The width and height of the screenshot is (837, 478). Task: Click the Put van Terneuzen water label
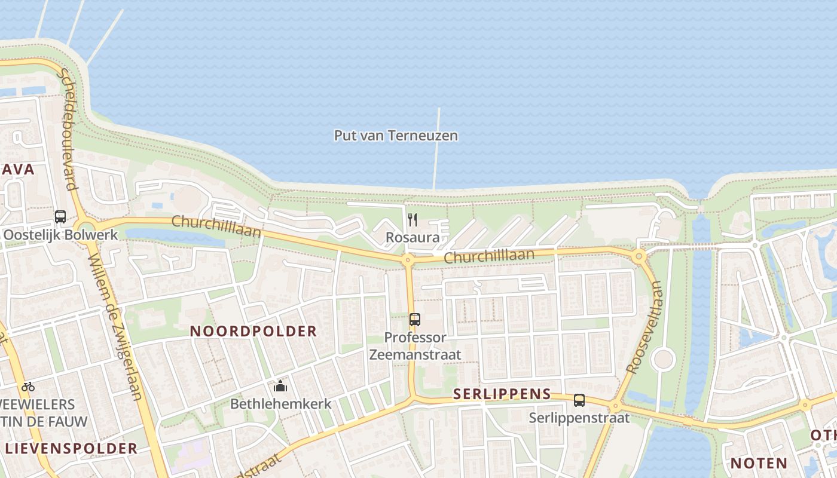(396, 136)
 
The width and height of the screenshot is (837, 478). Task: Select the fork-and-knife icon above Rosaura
(413, 219)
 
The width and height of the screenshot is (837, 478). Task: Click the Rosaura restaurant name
(413, 238)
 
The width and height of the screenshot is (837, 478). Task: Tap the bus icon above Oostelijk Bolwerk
(60, 216)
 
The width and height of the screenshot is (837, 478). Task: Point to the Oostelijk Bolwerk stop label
(60, 234)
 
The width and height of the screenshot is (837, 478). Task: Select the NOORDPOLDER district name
(253, 332)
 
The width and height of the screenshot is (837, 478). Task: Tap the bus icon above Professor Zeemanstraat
(415, 319)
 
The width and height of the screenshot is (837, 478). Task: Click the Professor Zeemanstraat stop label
(415, 346)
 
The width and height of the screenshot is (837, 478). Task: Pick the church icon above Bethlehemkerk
(280, 387)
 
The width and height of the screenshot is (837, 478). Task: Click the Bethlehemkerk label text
(280, 404)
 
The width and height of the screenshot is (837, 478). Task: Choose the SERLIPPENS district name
(502, 394)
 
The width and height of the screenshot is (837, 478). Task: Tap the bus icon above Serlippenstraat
(579, 400)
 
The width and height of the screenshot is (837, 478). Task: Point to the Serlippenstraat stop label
(579, 418)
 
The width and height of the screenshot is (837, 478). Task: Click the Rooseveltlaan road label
(644, 328)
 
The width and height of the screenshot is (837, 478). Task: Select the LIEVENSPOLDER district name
(71, 449)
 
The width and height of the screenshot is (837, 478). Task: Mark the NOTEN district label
(759, 463)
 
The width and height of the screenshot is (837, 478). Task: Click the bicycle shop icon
(28, 387)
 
